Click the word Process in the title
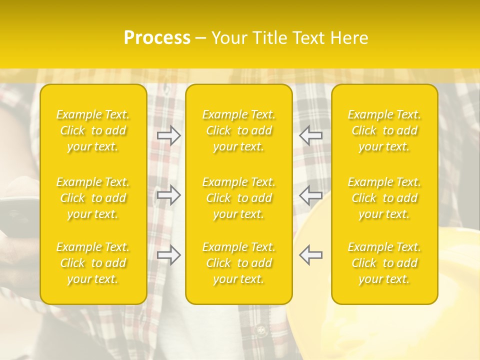[157, 38]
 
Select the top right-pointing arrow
[169, 135]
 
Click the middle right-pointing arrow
[169, 195]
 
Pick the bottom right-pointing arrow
[169, 255]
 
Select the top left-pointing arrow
[311, 135]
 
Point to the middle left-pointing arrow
[311, 195]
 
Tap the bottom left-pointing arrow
[311, 255]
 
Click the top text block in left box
[93, 131]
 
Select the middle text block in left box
[93, 198]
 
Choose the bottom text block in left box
[93, 263]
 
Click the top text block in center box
[239, 131]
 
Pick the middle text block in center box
[239, 198]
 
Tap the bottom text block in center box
[239, 263]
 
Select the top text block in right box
[384, 131]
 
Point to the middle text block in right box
[384, 198]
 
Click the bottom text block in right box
[384, 263]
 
